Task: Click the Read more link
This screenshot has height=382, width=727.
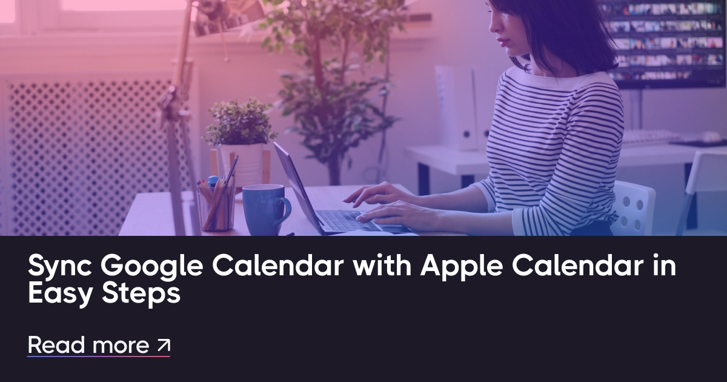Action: point(88,345)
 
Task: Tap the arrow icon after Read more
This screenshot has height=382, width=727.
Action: point(164,346)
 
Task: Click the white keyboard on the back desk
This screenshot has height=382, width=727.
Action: point(651,138)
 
